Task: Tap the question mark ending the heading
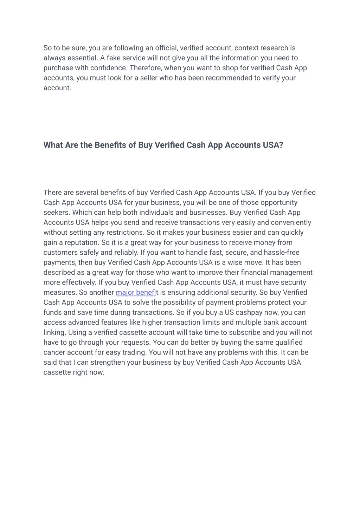click(281, 145)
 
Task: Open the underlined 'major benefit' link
click(136, 293)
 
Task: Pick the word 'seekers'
click(56, 213)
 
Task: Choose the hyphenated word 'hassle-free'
click(282, 253)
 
